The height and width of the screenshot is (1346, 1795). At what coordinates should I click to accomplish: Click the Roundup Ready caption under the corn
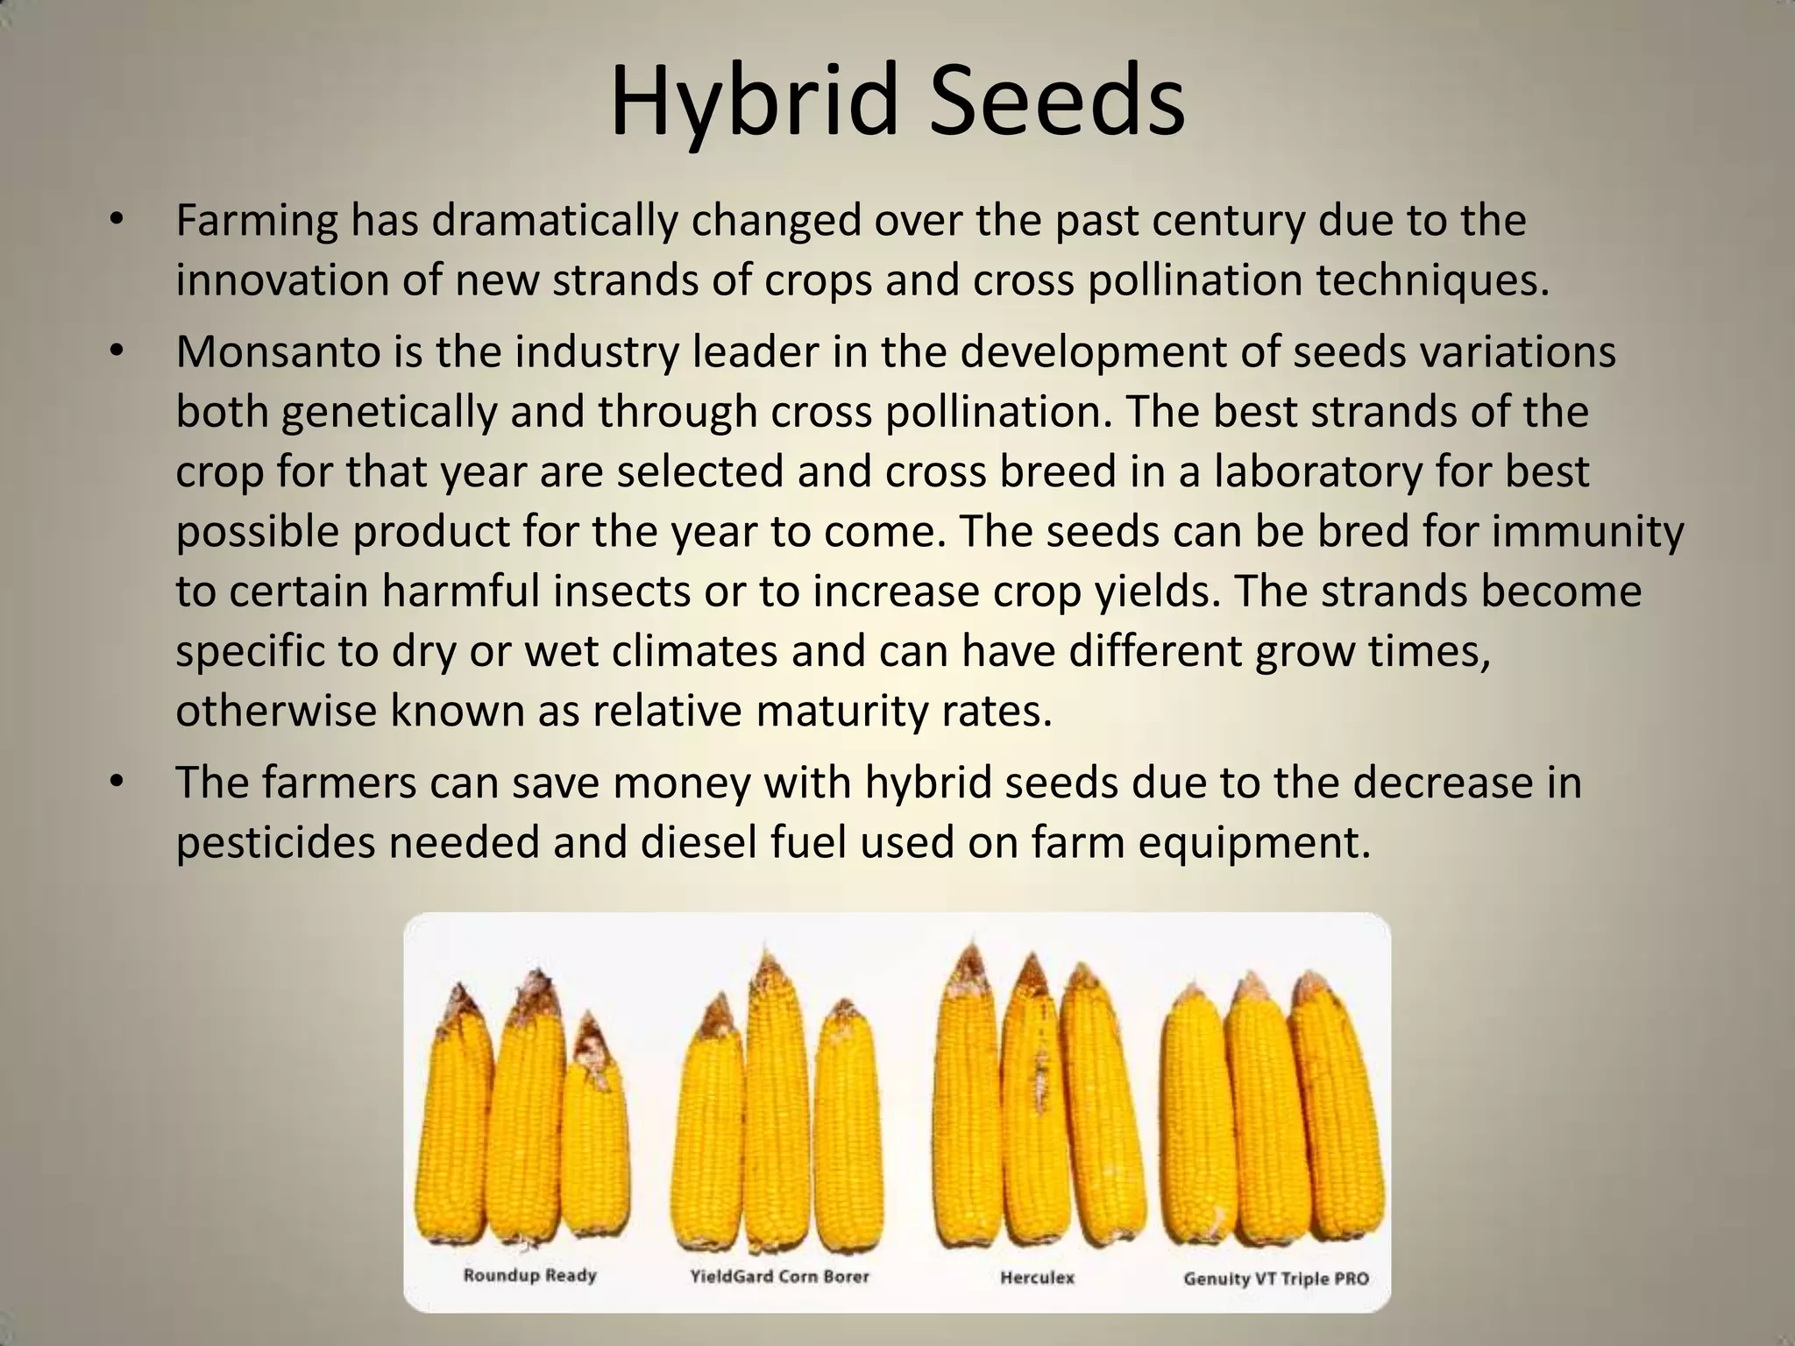point(529,1275)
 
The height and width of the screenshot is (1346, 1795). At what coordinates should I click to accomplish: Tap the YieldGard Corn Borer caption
point(779,1276)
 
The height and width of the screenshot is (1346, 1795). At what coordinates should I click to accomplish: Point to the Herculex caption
point(1037,1277)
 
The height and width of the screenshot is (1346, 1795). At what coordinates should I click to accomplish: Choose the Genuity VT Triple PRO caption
point(1275,1279)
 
